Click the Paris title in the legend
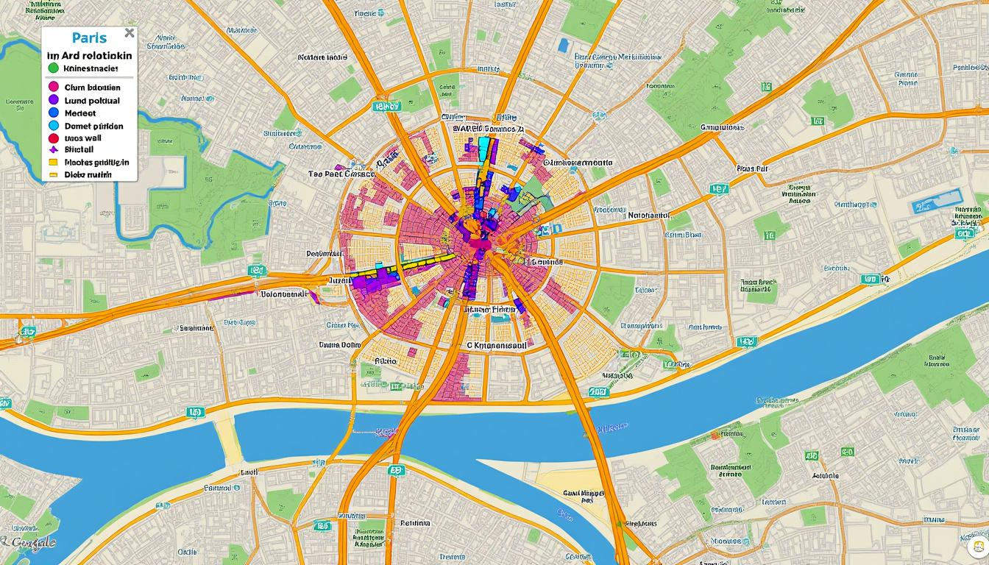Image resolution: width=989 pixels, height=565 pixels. click(90, 38)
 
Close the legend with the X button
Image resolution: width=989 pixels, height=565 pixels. click(130, 32)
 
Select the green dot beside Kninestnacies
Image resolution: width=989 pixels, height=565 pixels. click(53, 68)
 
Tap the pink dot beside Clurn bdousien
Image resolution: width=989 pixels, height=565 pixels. click(53, 87)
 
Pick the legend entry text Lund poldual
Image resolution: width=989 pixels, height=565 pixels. click(92, 100)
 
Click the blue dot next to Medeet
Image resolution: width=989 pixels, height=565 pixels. click(53, 113)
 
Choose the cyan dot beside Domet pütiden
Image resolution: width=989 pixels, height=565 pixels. click(53, 126)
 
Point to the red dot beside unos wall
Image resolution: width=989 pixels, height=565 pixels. click(53, 138)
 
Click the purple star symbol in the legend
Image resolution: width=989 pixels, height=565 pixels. click(53, 150)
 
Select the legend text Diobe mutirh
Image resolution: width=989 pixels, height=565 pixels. click(88, 175)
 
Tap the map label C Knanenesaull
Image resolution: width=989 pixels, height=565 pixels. click(497, 344)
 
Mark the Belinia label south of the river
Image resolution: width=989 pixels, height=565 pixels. click(415, 524)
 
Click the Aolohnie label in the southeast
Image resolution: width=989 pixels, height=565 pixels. click(825, 476)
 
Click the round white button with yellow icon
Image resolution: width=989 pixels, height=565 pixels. click(978, 547)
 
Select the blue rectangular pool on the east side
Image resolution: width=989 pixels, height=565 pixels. click(937, 201)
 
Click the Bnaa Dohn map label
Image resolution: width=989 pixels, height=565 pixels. click(340, 344)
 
